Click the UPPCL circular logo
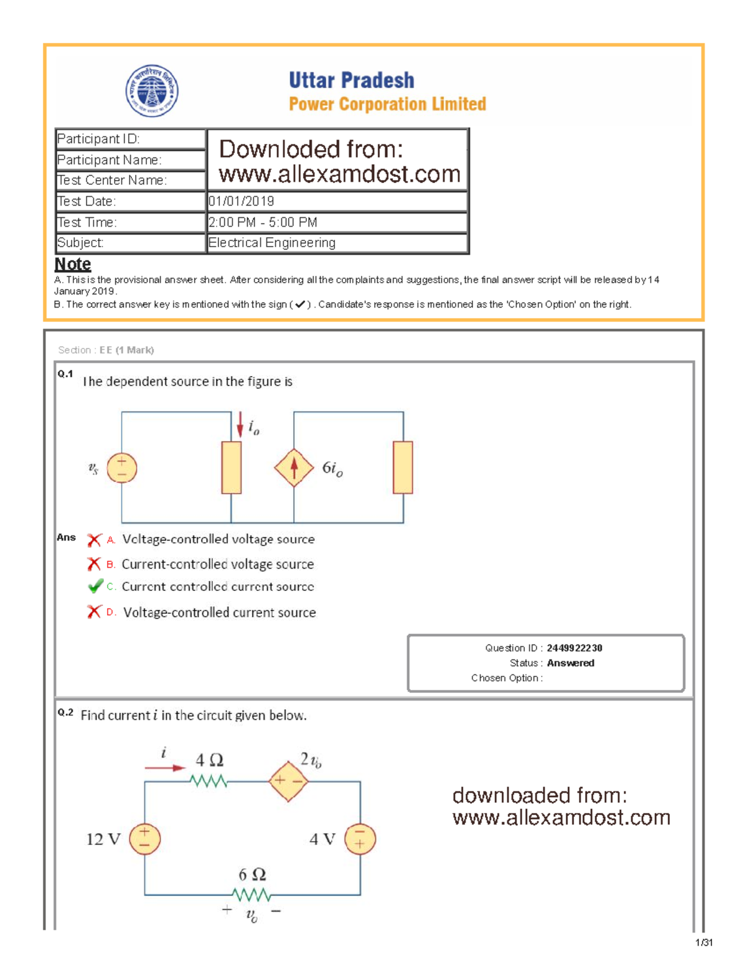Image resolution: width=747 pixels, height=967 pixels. [152, 91]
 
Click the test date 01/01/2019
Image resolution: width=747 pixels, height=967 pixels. [241, 201]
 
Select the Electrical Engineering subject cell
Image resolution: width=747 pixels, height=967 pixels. [272, 243]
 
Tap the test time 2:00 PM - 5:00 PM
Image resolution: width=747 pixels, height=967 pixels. [263, 222]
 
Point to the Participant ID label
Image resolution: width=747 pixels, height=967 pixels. [98, 139]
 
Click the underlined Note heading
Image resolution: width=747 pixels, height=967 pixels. [73, 264]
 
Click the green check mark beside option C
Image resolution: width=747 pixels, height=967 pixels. [95, 587]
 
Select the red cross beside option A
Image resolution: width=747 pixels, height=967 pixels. [94, 540]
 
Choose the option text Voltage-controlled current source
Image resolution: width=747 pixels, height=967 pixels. [219, 613]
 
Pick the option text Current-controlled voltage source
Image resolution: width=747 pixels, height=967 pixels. [217, 564]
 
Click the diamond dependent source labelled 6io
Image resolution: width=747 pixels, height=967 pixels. [294, 468]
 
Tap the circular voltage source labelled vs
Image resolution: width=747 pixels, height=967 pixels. [121, 468]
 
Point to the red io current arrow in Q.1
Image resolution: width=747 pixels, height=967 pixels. [240, 425]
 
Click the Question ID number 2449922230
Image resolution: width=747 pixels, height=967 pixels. [574, 648]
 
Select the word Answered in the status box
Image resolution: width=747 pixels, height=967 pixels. [570, 663]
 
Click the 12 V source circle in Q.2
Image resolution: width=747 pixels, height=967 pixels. [144, 839]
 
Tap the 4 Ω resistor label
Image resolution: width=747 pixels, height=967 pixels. [209, 760]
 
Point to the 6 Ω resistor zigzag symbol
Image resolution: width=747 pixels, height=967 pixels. [251, 895]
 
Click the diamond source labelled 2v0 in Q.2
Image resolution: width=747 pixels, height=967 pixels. [288, 780]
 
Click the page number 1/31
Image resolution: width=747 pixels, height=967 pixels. [703, 943]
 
